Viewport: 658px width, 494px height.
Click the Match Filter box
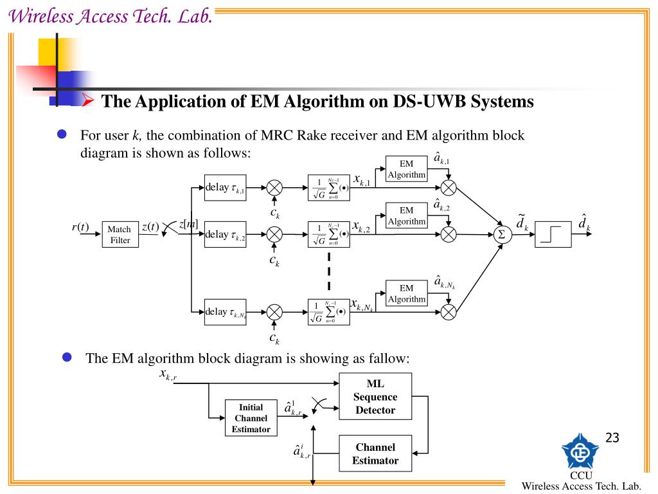pos(120,235)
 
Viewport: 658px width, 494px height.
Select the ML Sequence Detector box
pos(375,397)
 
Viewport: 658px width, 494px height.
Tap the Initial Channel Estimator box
pos(251,417)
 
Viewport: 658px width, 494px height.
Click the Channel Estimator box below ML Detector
pos(375,453)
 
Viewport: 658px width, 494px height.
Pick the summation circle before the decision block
pos(502,235)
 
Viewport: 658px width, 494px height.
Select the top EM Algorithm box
pos(406,169)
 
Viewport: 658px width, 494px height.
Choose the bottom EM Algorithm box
pos(406,293)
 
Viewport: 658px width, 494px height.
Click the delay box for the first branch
pos(225,187)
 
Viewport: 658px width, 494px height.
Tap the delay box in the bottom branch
pos(225,312)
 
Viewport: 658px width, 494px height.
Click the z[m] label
pos(188,223)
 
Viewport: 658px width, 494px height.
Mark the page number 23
pos(612,438)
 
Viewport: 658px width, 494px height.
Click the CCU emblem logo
pos(580,451)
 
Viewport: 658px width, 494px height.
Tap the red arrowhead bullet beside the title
pos(89,100)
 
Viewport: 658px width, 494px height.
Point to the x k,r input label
pos(168,375)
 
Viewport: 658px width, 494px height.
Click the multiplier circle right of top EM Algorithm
pos(449,188)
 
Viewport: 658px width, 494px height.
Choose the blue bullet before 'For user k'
pos(62,134)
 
